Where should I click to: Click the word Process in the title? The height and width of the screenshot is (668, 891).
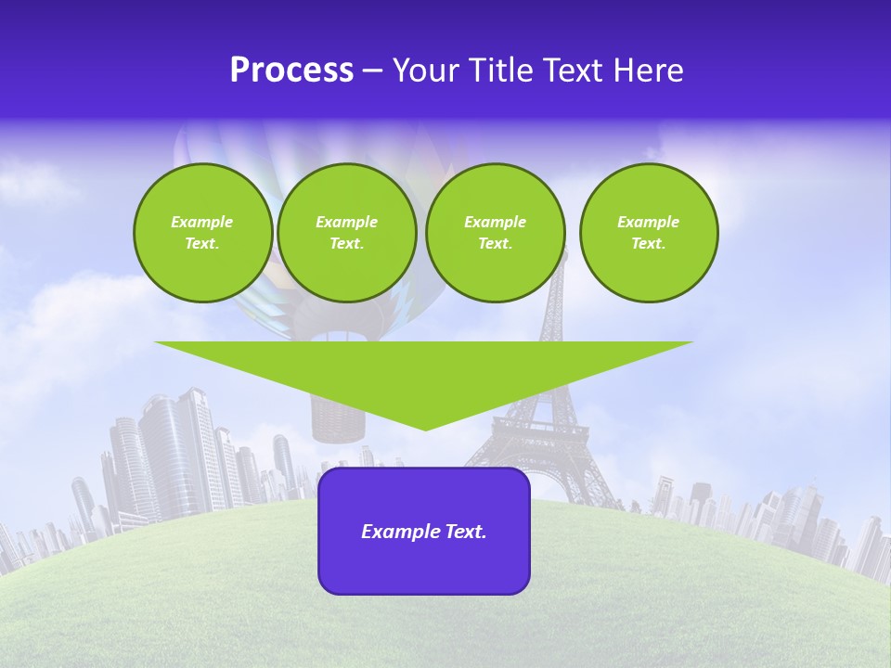[291, 71]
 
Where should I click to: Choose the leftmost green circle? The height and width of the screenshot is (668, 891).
[202, 233]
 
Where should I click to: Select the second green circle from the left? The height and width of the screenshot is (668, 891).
[346, 233]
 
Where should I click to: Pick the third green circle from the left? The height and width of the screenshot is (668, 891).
[495, 233]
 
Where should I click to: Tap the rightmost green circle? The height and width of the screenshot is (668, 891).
[648, 233]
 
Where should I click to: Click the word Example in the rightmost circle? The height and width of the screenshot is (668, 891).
[648, 222]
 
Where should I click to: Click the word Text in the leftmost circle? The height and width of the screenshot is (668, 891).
[202, 244]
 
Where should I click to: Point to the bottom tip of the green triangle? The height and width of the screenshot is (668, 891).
[425, 429]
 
